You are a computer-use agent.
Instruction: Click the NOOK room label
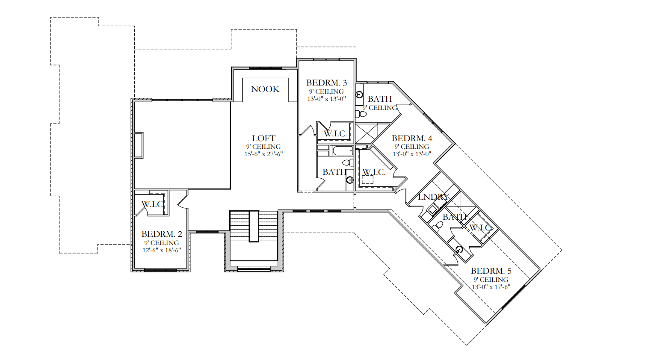click(265, 89)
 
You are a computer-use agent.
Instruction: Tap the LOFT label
click(263, 138)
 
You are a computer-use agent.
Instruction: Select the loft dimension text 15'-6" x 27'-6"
click(263, 154)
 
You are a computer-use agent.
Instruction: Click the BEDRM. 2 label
click(162, 234)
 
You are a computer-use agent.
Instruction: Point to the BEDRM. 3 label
click(326, 83)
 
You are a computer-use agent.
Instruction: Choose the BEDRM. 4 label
click(412, 138)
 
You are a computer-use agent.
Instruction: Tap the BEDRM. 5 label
click(491, 271)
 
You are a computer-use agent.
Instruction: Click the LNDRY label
click(433, 197)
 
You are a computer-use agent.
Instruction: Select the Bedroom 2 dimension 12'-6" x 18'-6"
click(162, 251)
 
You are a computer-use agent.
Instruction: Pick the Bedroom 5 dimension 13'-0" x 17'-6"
click(491, 287)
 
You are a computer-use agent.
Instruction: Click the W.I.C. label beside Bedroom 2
click(153, 204)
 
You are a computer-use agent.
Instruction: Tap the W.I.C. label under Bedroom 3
click(335, 133)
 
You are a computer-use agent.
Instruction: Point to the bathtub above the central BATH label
click(342, 151)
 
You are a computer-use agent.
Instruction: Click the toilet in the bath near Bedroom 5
click(438, 227)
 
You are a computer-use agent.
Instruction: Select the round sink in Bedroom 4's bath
click(359, 94)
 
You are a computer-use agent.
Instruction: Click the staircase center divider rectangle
click(254, 226)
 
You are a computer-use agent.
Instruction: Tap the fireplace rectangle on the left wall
click(139, 145)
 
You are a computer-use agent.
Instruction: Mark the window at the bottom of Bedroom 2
click(160, 270)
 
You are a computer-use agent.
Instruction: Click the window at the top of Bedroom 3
click(326, 59)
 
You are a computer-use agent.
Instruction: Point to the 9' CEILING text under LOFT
click(263, 147)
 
